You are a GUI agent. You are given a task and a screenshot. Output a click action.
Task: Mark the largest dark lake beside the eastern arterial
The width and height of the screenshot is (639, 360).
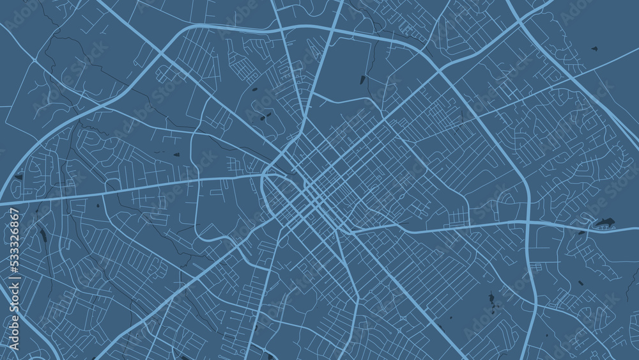603,223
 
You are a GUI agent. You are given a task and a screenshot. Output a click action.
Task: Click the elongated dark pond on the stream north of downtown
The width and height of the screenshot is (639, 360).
362,80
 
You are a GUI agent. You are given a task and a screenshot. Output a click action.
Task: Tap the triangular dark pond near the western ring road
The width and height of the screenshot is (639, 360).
19,176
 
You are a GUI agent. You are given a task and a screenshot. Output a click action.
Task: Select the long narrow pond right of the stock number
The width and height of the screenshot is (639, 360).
43,235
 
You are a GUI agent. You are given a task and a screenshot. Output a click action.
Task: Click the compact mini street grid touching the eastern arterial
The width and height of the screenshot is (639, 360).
458,217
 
